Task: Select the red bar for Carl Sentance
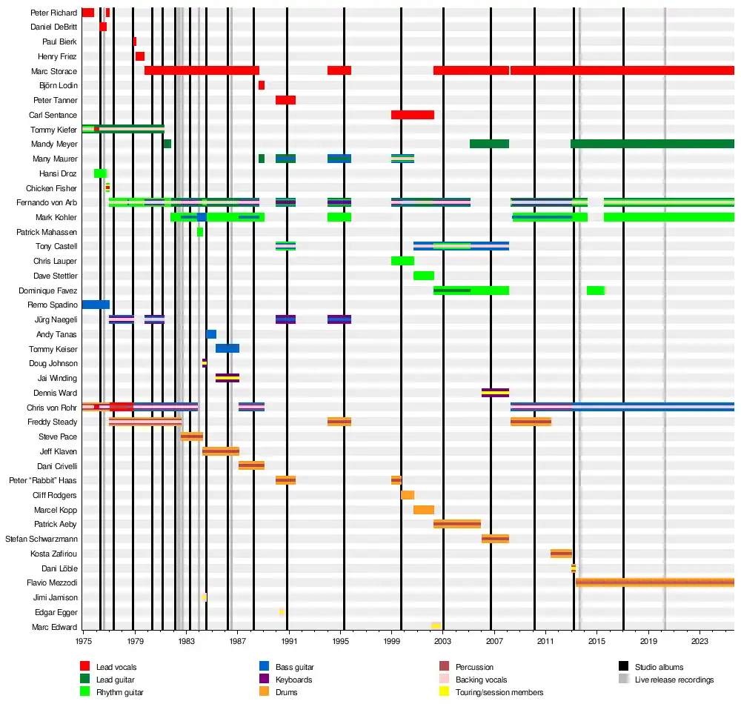click(412, 115)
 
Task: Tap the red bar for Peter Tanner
click(285, 100)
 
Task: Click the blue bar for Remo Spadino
click(96, 305)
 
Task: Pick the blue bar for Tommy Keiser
click(227, 348)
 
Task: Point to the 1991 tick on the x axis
click(289, 640)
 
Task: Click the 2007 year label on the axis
click(494, 640)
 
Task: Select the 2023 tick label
click(700, 640)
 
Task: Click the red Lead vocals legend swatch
click(85, 667)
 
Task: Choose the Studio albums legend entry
click(659, 667)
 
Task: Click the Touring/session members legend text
click(499, 692)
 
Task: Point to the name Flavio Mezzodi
click(53, 582)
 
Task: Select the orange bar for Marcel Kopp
click(423, 510)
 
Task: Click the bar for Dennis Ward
click(495, 393)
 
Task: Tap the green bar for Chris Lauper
click(402, 261)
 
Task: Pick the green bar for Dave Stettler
click(423, 276)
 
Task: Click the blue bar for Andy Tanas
click(211, 334)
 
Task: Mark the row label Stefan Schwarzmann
click(41, 539)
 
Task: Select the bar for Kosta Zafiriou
click(561, 554)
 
